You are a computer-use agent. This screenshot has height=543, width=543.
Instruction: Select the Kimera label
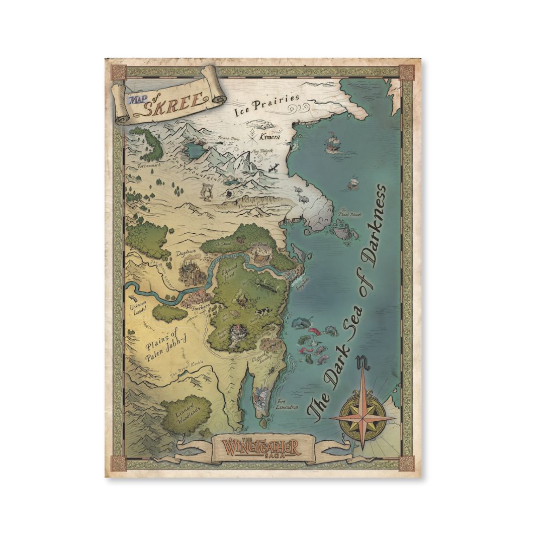pyautogui.click(x=269, y=136)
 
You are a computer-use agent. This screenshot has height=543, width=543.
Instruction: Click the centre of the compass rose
pyautogui.click(x=362, y=417)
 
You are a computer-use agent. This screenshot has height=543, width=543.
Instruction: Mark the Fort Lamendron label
pyautogui.click(x=287, y=404)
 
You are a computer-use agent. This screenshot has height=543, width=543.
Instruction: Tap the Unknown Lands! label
pyautogui.click(x=138, y=308)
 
